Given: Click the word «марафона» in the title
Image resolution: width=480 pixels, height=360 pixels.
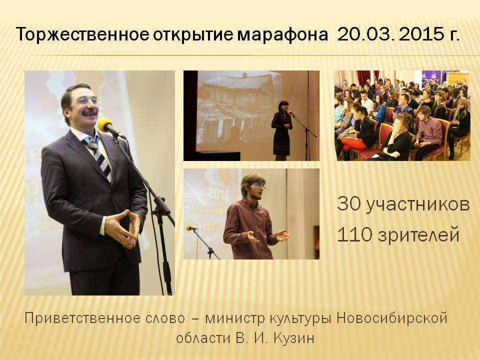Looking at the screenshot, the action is [x=282, y=34].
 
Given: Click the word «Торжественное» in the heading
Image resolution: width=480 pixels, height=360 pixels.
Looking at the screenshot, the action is [x=82, y=34].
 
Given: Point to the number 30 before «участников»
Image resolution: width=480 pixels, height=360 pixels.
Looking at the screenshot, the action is [x=349, y=203].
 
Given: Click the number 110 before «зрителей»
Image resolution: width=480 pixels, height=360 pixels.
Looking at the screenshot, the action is [x=355, y=234].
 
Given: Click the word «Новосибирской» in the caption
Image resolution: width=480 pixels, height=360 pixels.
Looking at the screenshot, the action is [x=392, y=318].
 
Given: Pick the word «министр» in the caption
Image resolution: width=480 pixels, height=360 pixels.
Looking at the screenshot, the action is [x=235, y=319].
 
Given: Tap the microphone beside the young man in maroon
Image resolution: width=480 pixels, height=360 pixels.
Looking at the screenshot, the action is [x=191, y=228].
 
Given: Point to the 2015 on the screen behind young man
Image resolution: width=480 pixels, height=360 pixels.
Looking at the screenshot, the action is [x=218, y=193].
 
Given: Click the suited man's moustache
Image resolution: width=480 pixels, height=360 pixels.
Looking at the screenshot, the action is [x=90, y=112].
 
